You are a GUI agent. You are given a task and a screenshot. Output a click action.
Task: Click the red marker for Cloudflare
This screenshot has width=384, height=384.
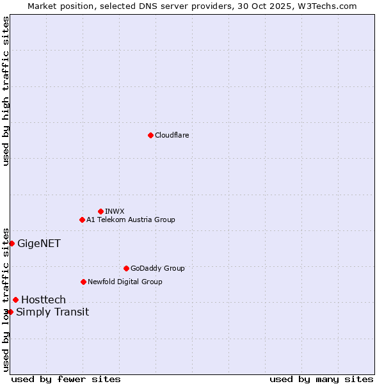(150, 135)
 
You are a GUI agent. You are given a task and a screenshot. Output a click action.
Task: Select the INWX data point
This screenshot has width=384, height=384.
(100, 211)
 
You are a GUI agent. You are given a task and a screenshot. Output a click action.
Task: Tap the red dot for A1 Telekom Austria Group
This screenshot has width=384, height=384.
(82, 220)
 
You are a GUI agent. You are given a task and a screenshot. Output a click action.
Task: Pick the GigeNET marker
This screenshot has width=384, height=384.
(12, 243)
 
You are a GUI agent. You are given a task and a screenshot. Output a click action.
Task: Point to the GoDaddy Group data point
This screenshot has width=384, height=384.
(126, 268)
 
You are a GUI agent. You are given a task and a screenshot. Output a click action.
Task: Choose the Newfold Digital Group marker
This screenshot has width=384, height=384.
(83, 282)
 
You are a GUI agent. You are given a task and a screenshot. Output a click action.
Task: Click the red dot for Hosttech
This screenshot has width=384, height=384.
(15, 300)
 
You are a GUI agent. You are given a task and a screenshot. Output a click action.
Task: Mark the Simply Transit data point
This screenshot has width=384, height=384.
(10, 312)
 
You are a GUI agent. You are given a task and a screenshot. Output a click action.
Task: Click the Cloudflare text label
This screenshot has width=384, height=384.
(172, 135)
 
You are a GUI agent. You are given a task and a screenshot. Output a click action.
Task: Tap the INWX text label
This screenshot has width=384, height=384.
(115, 211)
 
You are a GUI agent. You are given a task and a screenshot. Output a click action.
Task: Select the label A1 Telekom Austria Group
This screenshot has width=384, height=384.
(131, 220)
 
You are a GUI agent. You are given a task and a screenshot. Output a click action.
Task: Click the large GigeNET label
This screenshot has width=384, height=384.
(39, 243)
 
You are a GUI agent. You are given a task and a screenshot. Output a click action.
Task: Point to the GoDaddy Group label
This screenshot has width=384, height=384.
(157, 268)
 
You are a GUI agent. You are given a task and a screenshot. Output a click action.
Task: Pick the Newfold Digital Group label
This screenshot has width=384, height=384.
(125, 282)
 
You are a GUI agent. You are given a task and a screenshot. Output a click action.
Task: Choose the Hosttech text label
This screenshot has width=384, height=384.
(44, 300)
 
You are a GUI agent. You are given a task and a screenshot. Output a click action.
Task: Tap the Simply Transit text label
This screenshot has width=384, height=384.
(52, 312)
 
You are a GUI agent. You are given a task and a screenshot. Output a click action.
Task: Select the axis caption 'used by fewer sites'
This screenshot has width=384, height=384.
(66, 379)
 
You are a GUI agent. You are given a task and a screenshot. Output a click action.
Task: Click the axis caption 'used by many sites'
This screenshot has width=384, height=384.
(321, 379)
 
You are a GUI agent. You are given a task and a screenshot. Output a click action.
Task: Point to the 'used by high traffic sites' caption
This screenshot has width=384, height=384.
(6, 91)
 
